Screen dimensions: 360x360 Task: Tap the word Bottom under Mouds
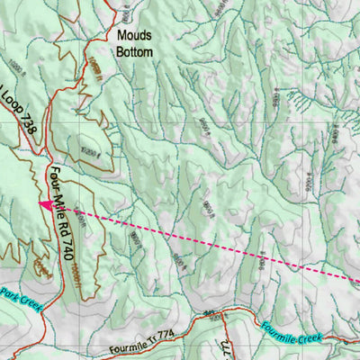[x=134, y=52]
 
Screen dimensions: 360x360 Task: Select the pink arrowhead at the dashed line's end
[x=43, y=204]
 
